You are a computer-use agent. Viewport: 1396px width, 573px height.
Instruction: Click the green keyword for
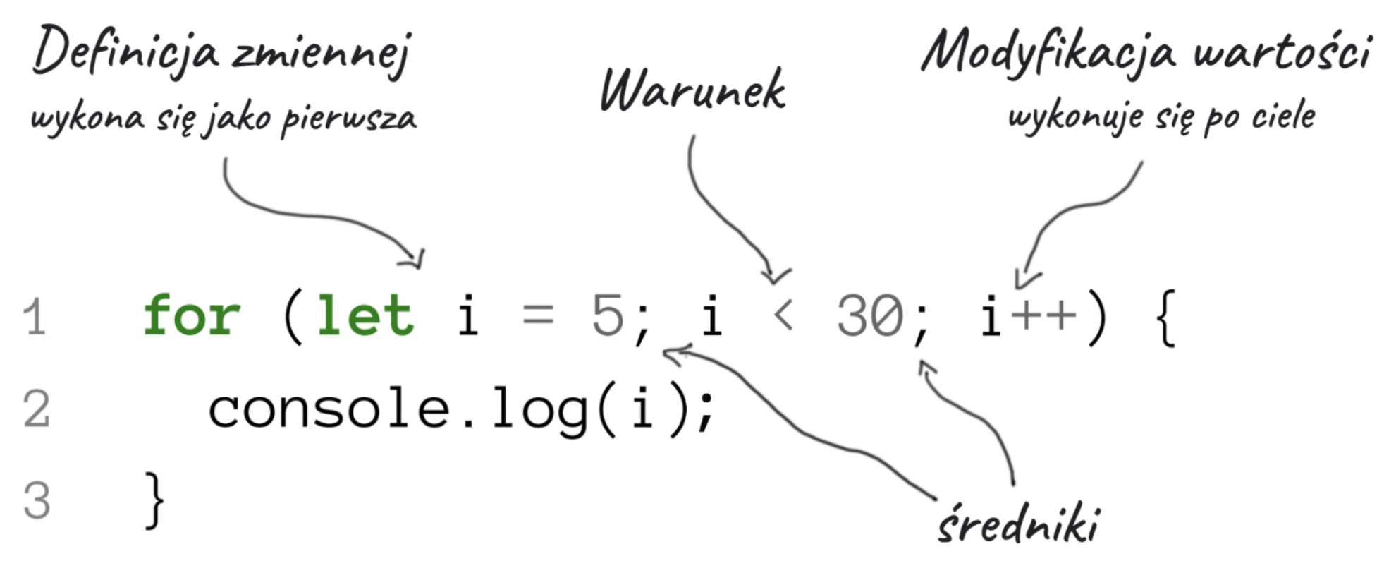(x=192, y=316)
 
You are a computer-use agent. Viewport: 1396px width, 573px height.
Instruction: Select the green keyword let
(x=365, y=316)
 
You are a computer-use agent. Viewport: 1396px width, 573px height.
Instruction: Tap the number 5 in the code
(x=608, y=316)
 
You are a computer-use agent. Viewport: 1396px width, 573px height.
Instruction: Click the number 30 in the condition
(x=869, y=316)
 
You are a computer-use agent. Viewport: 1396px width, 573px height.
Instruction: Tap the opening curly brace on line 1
(x=1166, y=319)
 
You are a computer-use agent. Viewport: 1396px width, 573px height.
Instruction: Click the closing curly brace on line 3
(x=154, y=500)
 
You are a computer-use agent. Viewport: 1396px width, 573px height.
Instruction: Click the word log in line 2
(x=540, y=411)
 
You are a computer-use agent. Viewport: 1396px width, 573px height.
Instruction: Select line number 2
(x=36, y=409)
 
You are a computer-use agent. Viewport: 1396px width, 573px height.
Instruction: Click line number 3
(x=36, y=500)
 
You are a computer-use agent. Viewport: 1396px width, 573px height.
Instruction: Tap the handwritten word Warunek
(x=692, y=91)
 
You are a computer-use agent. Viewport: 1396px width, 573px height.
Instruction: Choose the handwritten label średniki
(x=1018, y=525)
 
